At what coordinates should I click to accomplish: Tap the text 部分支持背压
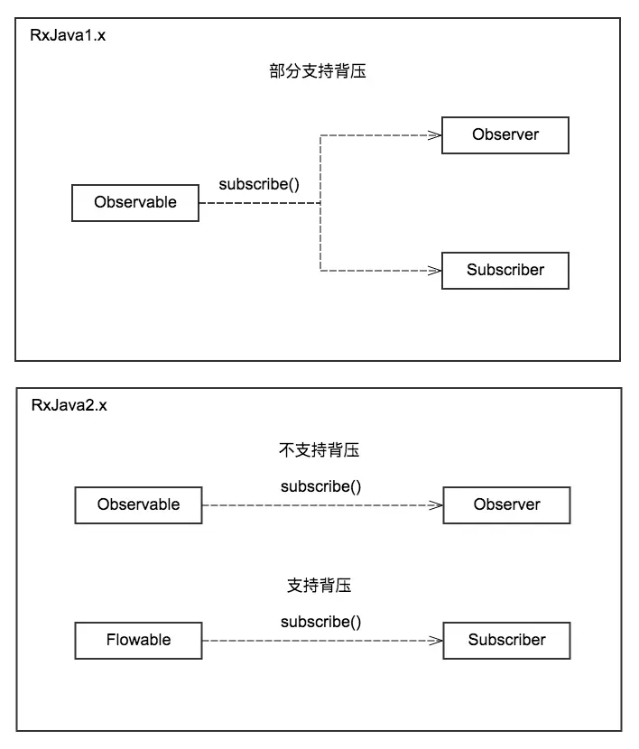(318, 72)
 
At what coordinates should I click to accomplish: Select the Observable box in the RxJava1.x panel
(135, 202)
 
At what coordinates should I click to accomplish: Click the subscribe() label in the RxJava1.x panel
(259, 184)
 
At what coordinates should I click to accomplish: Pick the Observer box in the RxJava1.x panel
(505, 134)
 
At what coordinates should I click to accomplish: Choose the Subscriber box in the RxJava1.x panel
(505, 270)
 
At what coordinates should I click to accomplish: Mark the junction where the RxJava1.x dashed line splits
(320, 203)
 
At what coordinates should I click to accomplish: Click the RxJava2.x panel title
(69, 405)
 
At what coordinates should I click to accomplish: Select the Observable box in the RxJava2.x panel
(138, 504)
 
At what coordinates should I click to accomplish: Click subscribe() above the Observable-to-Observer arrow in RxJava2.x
(320, 486)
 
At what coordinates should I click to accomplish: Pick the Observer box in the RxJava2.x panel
(506, 504)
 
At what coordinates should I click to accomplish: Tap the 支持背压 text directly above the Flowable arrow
(319, 586)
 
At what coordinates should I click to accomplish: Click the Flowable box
(138, 640)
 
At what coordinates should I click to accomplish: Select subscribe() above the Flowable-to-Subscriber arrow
(320, 622)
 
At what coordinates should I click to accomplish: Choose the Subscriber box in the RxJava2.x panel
(506, 640)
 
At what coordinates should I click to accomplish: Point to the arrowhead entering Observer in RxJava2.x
(436, 505)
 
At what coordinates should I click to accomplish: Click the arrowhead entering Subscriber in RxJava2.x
(436, 641)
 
